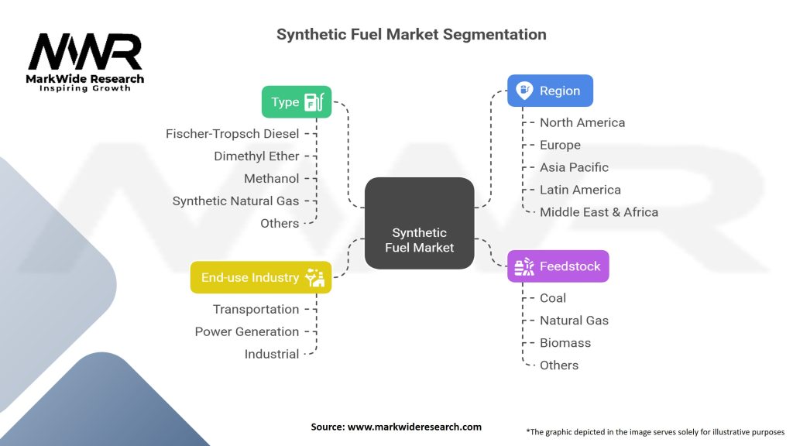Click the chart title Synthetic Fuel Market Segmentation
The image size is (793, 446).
(x=411, y=34)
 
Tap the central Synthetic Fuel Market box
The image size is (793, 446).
(x=419, y=240)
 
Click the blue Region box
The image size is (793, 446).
(x=550, y=91)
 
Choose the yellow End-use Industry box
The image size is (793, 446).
(x=261, y=277)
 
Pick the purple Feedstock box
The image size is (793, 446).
(x=558, y=266)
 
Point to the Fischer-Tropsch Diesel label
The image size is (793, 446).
(x=232, y=134)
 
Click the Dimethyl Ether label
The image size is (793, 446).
(x=256, y=156)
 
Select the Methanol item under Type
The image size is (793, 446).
(x=271, y=179)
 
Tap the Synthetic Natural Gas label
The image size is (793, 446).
(x=235, y=201)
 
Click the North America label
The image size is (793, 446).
(x=582, y=122)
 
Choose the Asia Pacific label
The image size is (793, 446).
(x=574, y=167)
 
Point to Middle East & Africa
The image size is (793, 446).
(x=599, y=212)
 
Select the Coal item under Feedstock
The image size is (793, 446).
(x=553, y=298)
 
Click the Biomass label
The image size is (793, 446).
(x=565, y=343)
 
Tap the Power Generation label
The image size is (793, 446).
(x=246, y=331)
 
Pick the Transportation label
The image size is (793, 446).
(x=256, y=309)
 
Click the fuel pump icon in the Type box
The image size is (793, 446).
(x=315, y=102)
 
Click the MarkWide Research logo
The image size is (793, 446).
(x=86, y=62)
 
